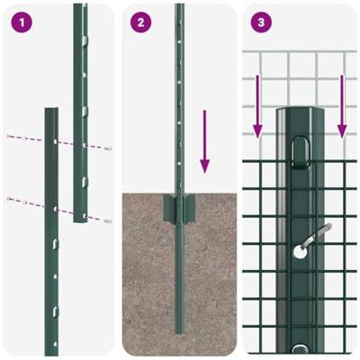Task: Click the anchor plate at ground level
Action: coord(179,209)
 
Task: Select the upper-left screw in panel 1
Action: coord(9,137)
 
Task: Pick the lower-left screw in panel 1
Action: coord(9,198)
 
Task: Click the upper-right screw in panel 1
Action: coord(108,151)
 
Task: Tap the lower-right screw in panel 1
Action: coord(108,220)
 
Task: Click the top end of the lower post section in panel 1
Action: coord(52,112)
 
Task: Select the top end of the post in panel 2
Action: coord(179,7)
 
